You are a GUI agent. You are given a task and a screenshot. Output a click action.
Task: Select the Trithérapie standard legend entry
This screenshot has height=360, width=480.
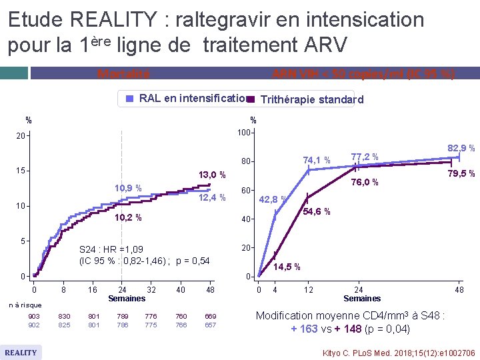click(307, 100)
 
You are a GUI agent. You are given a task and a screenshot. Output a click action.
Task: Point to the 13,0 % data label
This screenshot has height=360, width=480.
click(213, 175)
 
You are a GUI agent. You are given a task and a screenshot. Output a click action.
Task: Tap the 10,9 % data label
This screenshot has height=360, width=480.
click(127, 188)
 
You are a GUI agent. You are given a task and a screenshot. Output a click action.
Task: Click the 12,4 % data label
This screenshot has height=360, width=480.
click(213, 197)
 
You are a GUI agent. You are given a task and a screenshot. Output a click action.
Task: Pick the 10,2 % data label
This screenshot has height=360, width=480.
click(127, 217)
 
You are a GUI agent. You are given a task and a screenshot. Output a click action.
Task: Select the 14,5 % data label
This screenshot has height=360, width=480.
click(287, 267)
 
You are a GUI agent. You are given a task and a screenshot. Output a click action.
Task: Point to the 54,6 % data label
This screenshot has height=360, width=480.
click(317, 212)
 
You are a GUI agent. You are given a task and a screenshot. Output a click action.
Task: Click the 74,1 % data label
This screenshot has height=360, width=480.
click(317, 160)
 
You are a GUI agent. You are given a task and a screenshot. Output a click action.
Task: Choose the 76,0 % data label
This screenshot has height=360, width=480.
click(365, 183)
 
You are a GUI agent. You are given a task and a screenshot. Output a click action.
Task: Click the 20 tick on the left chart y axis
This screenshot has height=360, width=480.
click(21, 136)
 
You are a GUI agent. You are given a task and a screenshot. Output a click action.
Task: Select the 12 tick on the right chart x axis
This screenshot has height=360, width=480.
click(308, 290)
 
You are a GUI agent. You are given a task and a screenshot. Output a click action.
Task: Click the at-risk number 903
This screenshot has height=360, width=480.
click(34, 316)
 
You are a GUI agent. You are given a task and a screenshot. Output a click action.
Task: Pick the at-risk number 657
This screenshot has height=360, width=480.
click(210, 325)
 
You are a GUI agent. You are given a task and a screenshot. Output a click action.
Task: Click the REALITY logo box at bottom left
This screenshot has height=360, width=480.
click(21, 352)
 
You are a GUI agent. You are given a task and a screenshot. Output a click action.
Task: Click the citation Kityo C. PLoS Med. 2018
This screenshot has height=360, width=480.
click(399, 352)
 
